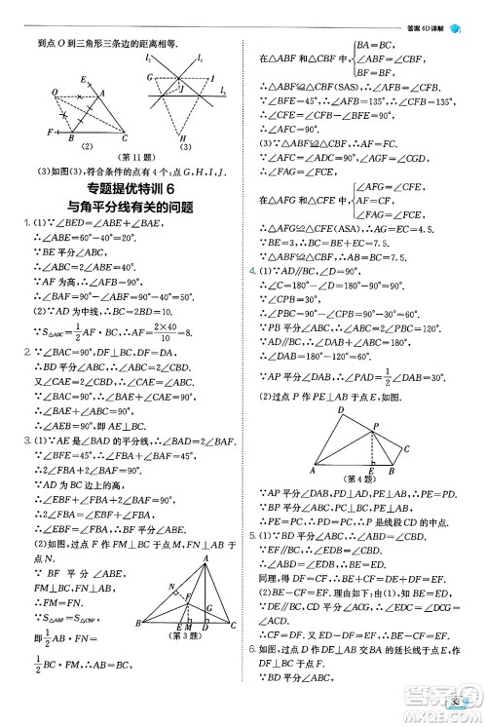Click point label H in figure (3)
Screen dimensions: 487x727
182,137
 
